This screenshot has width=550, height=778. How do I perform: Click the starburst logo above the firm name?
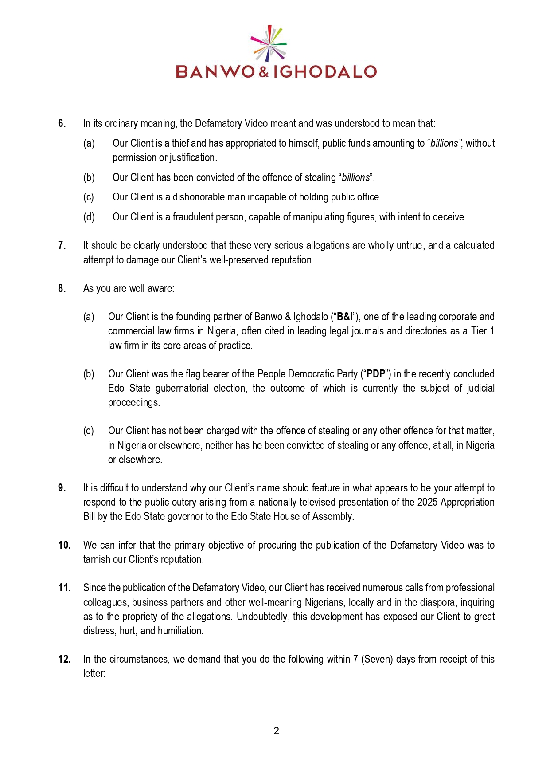pyautogui.click(x=269, y=43)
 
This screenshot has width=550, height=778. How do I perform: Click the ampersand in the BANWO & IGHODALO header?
pyautogui.click(x=264, y=72)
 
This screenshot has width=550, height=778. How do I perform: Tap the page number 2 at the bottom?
pyautogui.click(x=276, y=731)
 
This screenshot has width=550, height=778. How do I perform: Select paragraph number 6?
pyautogui.click(x=62, y=123)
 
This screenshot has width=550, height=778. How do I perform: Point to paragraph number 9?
pyautogui.click(x=62, y=488)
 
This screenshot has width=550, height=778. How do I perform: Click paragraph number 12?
pyautogui.click(x=64, y=659)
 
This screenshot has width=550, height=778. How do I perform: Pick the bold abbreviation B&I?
pyautogui.click(x=345, y=317)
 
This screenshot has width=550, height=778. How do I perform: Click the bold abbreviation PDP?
pyautogui.click(x=375, y=374)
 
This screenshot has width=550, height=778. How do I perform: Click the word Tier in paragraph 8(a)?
pyautogui.click(x=479, y=331)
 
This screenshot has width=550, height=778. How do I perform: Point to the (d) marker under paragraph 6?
pyautogui.click(x=89, y=217)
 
